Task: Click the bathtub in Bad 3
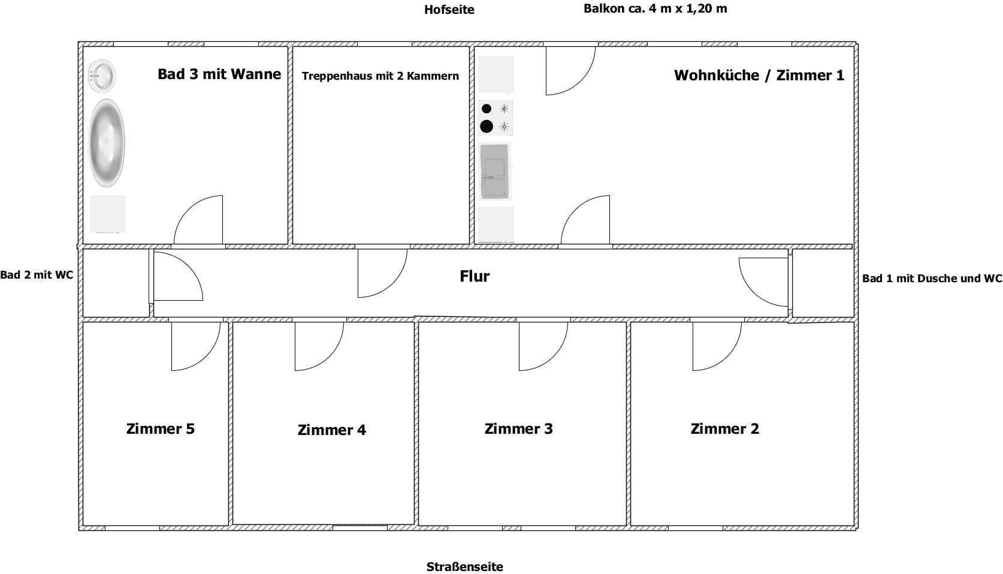pyautogui.click(x=107, y=143)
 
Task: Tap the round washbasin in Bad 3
pyautogui.click(x=102, y=76)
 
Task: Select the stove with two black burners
pyautogui.click(x=496, y=118)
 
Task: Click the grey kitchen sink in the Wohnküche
pyautogui.click(x=495, y=171)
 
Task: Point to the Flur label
pyautogui.click(x=475, y=276)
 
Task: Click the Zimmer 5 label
pyautogui.click(x=161, y=429)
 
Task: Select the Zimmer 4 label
pyautogui.click(x=332, y=430)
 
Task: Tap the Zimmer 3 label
pyautogui.click(x=518, y=429)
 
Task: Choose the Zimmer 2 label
pyautogui.click(x=725, y=429)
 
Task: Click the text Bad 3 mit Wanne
pyautogui.click(x=219, y=74)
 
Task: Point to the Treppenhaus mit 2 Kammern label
pyautogui.click(x=380, y=76)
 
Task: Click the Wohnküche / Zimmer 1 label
pyautogui.click(x=759, y=75)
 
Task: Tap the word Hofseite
pyautogui.click(x=449, y=10)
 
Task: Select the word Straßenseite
pyautogui.click(x=465, y=567)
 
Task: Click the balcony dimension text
pyautogui.click(x=655, y=8)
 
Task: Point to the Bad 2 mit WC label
pyautogui.click(x=37, y=275)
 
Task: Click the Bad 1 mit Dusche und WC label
pyautogui.click(x=932, y=279)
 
